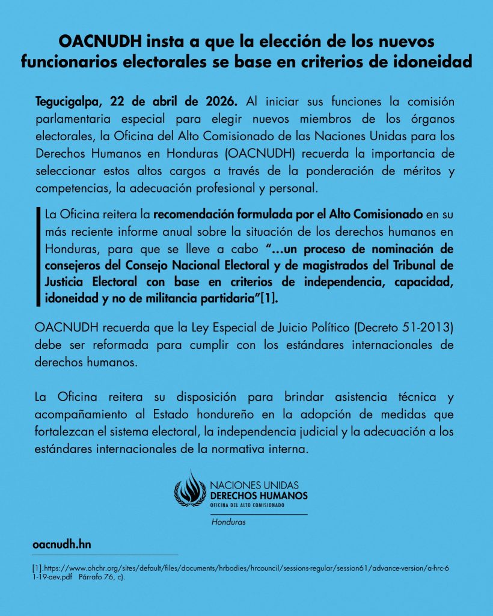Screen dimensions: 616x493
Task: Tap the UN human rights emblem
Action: click(x=189, y=488)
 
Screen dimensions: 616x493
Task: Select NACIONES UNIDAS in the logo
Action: click(x=254, y=485)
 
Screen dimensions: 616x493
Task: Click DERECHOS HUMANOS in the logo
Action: click(x=259, y=496)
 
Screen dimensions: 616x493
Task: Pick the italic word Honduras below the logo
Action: click(x=228, y=522)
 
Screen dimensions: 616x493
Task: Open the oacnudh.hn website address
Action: click(x=61, y=544)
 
